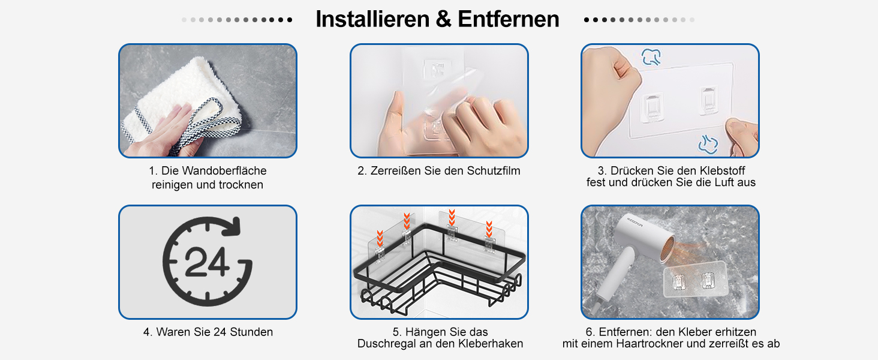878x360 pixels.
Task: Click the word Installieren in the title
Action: pyautogui.click(x=372, y=19)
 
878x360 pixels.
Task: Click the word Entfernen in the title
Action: pyautogui.click(x=509, y=19)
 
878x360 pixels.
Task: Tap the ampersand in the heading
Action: pyautogui.click(x=444, y=19)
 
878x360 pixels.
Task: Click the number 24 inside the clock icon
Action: pyautogui.click(x=206, y=262)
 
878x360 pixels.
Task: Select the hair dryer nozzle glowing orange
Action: pyautogui.click(x=667, y=248)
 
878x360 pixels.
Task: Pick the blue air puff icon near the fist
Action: pyautogui.click(x=651, y=57)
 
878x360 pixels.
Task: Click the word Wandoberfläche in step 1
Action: pyautogui.click(x=224, y=170)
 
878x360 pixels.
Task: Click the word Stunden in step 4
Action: pyautogui.click(x=251, y=332)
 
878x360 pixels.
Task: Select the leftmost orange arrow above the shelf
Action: pyautogui.click(x=380, y=238)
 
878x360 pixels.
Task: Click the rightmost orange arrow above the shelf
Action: pyautogui.click(x=489, y=229)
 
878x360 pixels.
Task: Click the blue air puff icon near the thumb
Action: pyautogui.click(x=709, y=144)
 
